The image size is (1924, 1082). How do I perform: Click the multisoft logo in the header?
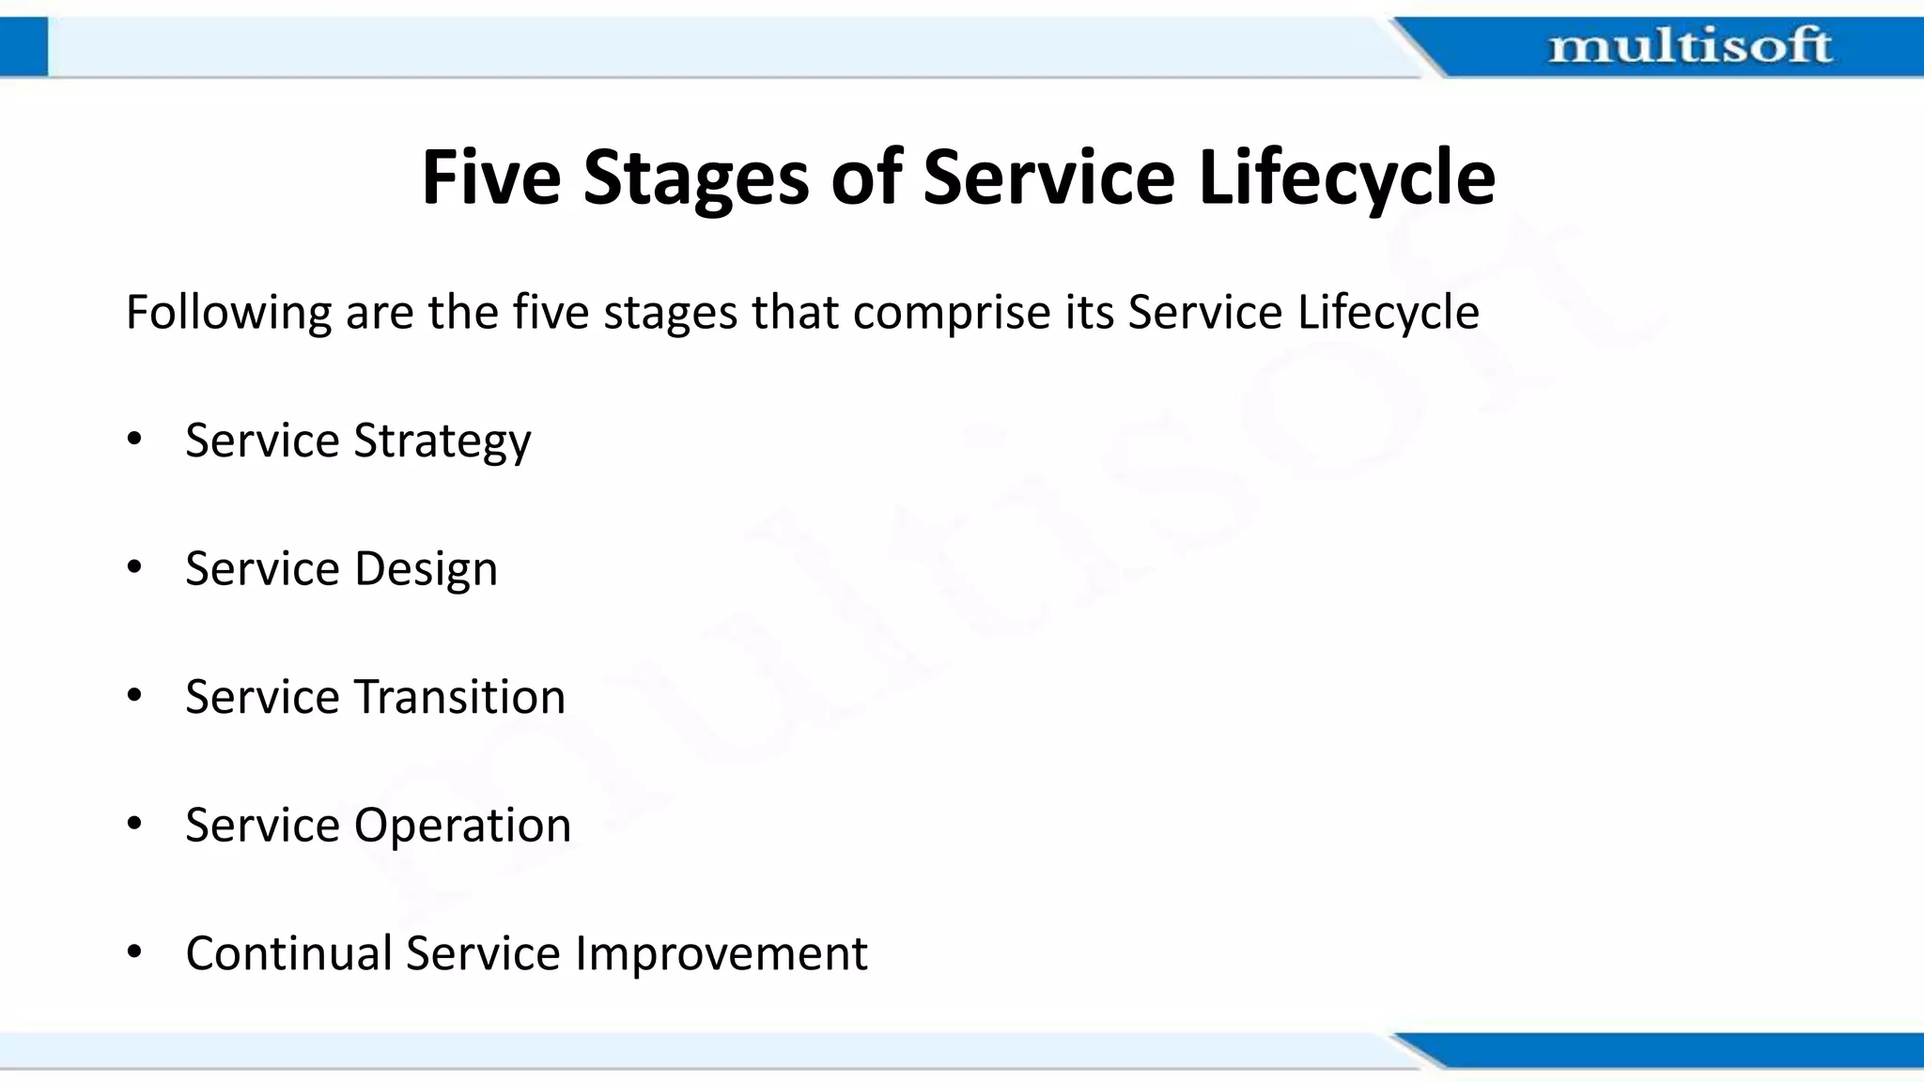1689,46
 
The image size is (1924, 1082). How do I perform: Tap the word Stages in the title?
695,178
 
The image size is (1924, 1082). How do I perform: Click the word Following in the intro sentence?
228,313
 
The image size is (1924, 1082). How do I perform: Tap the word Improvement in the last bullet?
721,954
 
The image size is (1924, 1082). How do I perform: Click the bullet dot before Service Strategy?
134,439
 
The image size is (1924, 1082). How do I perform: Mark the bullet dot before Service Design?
134,566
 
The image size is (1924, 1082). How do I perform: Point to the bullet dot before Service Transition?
134,695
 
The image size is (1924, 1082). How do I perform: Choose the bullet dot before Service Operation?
134,823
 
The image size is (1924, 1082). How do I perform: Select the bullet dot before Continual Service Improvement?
134,951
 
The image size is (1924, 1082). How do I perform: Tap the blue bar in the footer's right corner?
1691,1049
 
